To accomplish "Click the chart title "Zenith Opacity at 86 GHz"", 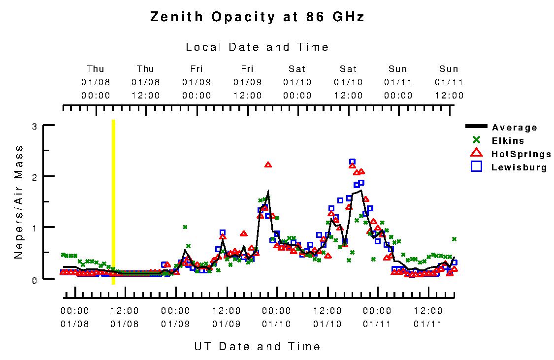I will click(x=257, y=17).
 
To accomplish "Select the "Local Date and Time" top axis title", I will click(x=257, y=47).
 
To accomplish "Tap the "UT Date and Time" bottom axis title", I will click(x=257, y=346).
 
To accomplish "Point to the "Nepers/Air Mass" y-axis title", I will click(x=19, y=202).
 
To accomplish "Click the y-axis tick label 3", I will click(x=34, y=126).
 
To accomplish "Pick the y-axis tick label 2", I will click(x=34, y=176).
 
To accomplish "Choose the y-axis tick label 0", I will click(x=34, y=279).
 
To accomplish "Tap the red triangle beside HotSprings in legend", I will click(x=476, y=153).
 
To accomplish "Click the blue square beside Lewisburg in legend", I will click(x=476, y=166).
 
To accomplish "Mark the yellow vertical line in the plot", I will click(x=113, y=202).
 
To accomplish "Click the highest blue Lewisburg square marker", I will click(x=352, y=162).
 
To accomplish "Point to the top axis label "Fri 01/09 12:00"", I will click(x=247, y=82).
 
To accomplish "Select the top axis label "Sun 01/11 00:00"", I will click(x=398, y=82).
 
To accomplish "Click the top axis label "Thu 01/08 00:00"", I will click(x=96, y=82).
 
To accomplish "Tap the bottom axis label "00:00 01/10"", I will click(x=276, y=317).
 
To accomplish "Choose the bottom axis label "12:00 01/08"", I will click(x=125, y=317).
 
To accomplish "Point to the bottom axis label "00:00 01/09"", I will click(x=175, y=317).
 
